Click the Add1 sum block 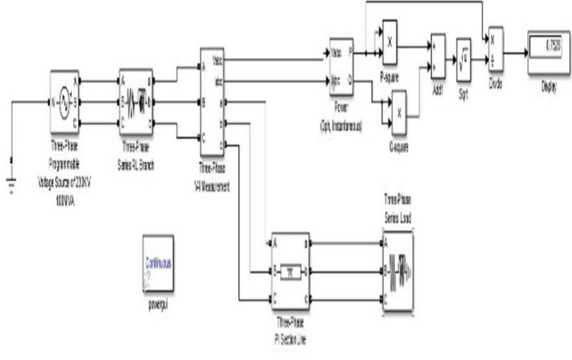(437, 57)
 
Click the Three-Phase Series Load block (397, 269)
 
